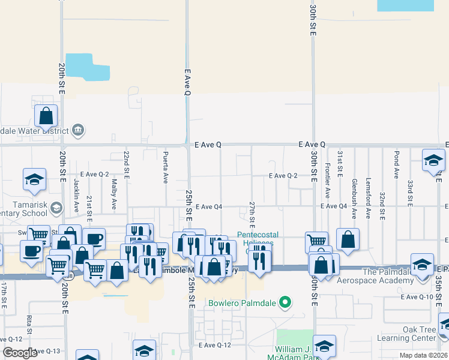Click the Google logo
[20, 353]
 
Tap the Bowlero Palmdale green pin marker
[286, 302]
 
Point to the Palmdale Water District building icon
[78, 130]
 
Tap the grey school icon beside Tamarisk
[56, 208]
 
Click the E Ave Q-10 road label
[417, 297]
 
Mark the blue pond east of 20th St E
[88, 67]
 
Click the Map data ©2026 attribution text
[423, 355]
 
